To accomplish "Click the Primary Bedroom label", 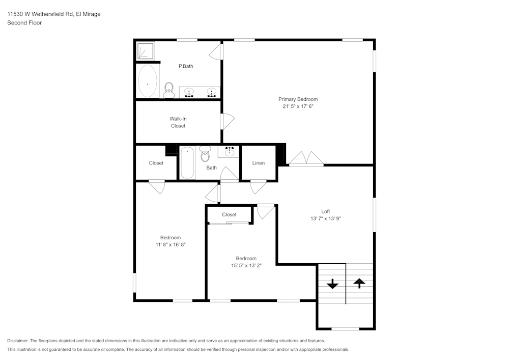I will click(x=298, y=99).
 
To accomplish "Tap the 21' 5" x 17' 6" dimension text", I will click(x=298, y=107).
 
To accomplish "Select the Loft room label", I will click(x=325, y=211).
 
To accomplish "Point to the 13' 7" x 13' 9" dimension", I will click(x=325, y=218).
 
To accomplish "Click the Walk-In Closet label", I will click(x=178, y=122).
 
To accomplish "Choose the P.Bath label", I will click(x=186, y=66).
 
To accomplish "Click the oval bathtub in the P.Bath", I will click(x=148, y=81).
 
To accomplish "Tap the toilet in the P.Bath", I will click(x=169, y=90).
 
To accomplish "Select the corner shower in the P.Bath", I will click(x=146, y=51).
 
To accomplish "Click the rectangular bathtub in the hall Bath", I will click(x=187, y=163).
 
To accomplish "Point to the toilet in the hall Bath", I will click(x=205, y=154).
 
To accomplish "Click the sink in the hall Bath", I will click(x=229, y=151).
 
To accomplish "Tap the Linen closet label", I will click(x=259, y=163).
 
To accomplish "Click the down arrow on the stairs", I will click(x=332, y=284).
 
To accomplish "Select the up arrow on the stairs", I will click(x=359, y=283).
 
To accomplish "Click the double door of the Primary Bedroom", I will click(x=306, y=159).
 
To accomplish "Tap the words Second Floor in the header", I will click(x=24, y=23).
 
